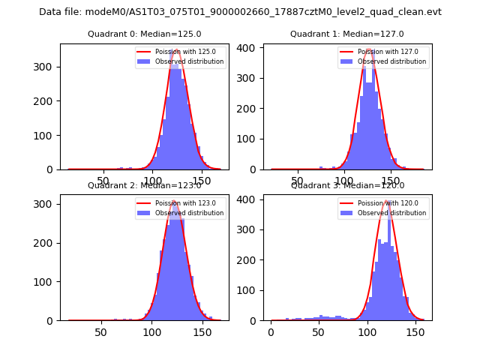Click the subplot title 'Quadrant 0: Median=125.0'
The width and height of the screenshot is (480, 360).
tap(144, 34)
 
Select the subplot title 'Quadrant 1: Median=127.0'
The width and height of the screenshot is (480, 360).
tap(346, 34)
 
